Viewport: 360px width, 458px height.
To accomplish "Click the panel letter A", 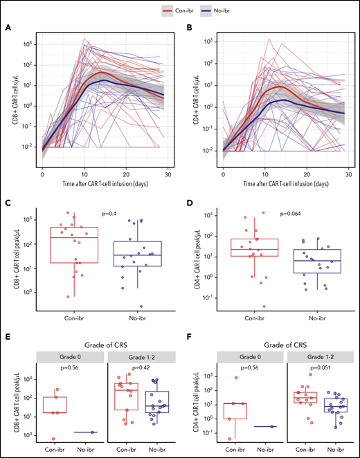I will click(x=8, y=28).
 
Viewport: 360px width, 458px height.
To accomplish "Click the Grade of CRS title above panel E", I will click(x=97, y=340).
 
